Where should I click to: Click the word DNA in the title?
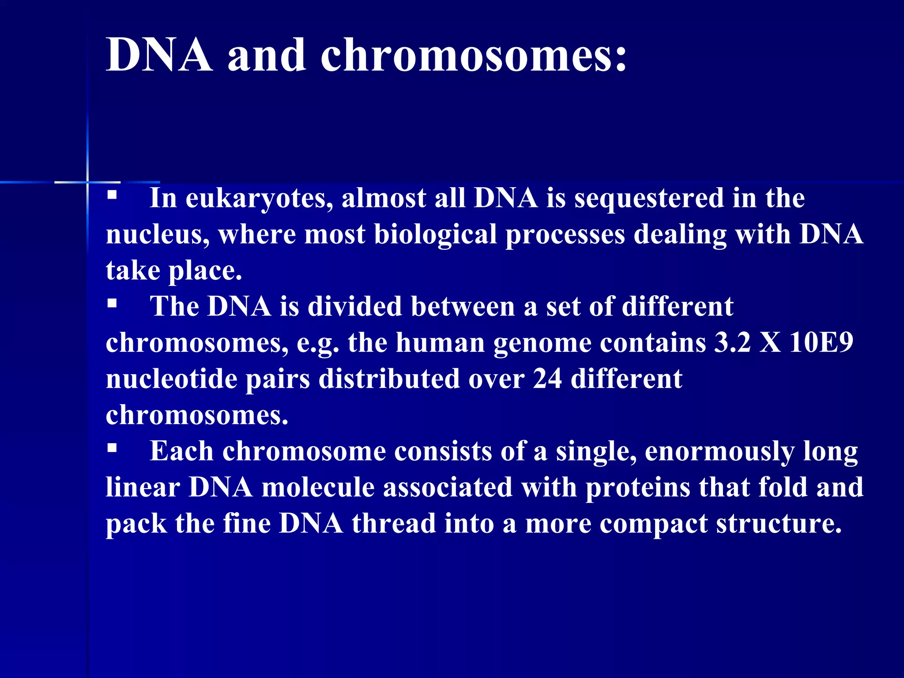coord(159,55)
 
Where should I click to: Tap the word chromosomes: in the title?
coord(473,55)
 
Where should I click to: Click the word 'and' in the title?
coord(267,55)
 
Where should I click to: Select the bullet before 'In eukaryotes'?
coord(112,195)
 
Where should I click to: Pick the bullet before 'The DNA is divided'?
coord(112,303)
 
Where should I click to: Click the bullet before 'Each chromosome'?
coord(112,448)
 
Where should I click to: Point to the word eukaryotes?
coord(259,198)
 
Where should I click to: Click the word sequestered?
coord(649,198)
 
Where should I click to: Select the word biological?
coord(436,234)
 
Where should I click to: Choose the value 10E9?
coord(821,343)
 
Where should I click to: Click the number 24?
coord(547,379)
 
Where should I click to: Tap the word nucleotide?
coord(172,379)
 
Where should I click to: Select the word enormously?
coord(719,452)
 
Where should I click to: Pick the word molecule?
coord(318,488)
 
